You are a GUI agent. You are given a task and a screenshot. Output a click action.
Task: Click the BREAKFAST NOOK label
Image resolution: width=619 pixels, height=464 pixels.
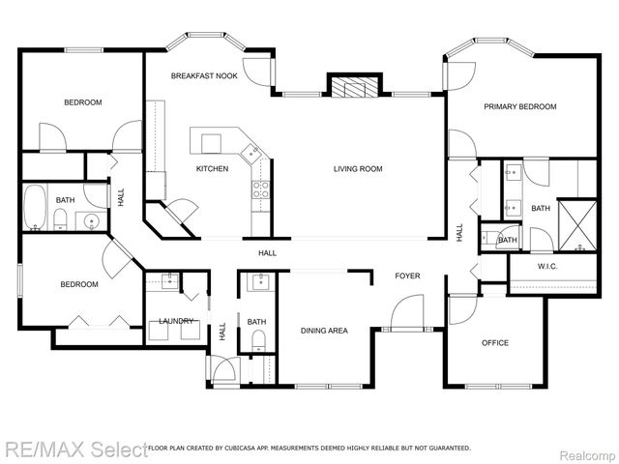click(204, 75)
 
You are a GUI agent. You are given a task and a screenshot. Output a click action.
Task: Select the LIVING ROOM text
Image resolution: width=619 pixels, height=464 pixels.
click(358, 169)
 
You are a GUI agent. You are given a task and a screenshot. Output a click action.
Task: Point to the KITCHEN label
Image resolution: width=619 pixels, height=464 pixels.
click(213, 169)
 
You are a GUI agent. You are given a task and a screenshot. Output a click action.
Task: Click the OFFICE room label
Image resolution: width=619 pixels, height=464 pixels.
click(495, 343)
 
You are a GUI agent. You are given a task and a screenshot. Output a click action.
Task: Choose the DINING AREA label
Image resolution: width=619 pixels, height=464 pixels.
click(324, 331)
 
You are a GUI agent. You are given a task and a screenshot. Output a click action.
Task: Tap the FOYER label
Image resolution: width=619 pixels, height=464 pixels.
click(407, 276)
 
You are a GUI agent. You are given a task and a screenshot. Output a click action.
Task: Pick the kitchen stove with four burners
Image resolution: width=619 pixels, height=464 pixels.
click(260, 188)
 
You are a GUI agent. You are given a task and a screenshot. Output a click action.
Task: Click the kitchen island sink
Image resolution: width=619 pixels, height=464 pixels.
click(251, 151)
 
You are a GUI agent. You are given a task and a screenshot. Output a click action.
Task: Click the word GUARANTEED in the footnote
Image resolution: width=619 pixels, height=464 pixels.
click(449, 449)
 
